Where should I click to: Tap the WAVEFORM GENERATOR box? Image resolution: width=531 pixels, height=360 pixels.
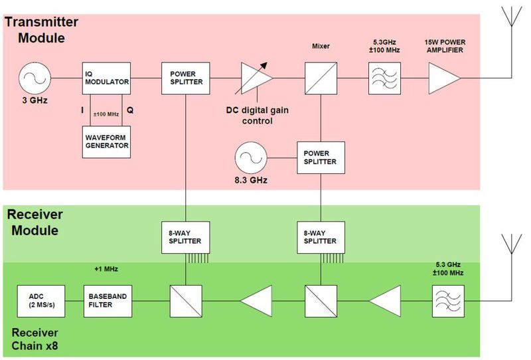coord(106,141)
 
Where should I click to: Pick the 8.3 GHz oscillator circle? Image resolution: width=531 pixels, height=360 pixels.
coord(250,158)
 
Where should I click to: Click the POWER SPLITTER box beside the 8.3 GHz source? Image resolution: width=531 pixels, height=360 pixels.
coord(321,157)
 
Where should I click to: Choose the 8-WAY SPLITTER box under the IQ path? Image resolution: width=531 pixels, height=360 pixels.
coord(186,236)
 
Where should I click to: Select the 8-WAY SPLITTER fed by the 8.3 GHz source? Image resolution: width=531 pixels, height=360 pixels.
coord(321,236)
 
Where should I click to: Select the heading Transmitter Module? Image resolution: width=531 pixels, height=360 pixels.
coord(41,29)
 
